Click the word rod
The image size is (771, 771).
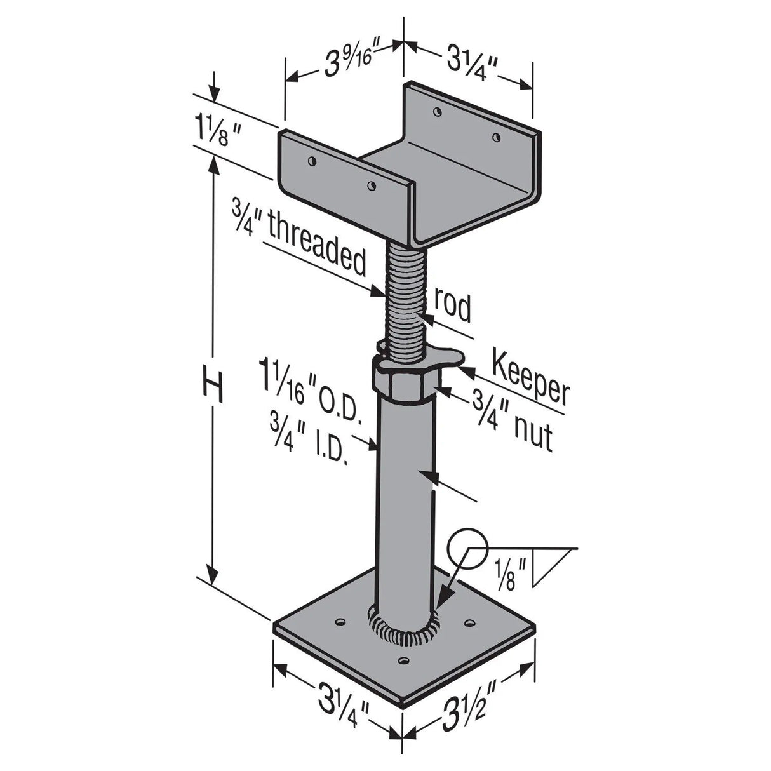[452, 307]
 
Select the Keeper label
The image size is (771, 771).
[531, 380]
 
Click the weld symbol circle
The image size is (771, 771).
[466, 547]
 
